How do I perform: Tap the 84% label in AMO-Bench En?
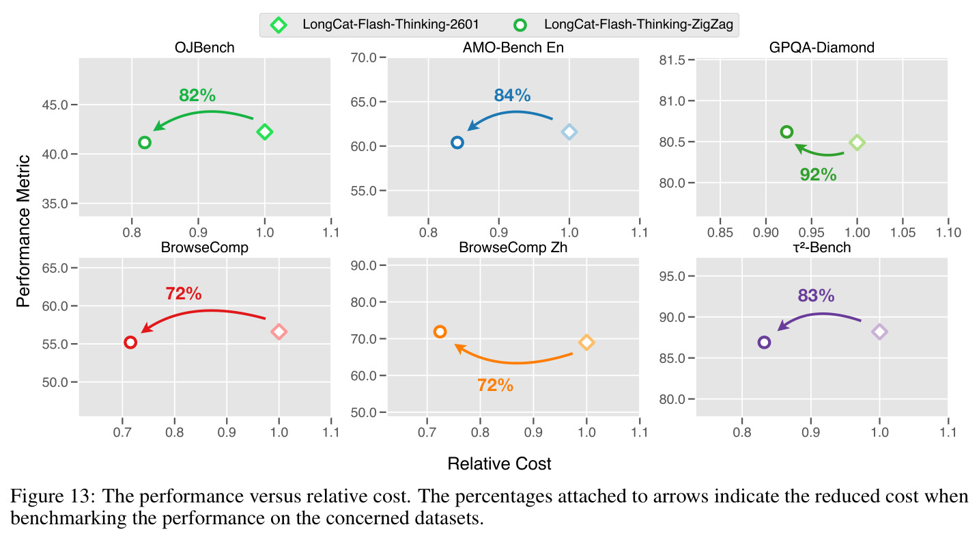[512, 95]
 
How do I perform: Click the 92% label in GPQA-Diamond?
[818, 174]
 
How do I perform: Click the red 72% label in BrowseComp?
[184, 294]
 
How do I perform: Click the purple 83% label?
[816, 295]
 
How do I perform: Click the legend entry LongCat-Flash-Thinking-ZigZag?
[638, 24]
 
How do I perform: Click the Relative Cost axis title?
[499, 463]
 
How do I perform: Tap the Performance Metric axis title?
[23, 231]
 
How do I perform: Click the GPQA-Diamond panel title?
[822, 47]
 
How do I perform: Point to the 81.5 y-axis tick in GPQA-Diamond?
[672, 59]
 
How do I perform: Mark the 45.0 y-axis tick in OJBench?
[55, 105]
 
